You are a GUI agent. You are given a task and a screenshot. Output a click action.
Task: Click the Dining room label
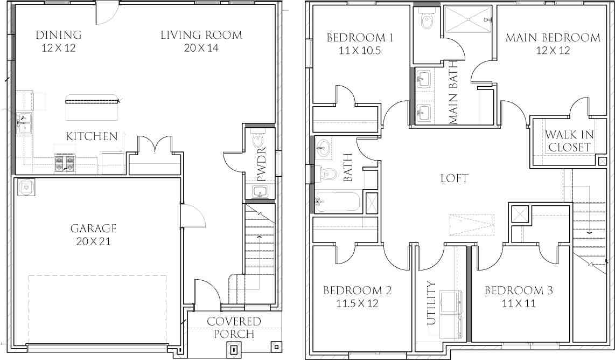pos(59,36)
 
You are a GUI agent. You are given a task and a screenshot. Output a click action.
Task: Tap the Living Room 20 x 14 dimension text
pos(201,48)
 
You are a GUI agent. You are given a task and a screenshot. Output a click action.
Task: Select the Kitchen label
pos(92,136)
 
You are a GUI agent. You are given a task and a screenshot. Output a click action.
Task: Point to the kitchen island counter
pos(92,108)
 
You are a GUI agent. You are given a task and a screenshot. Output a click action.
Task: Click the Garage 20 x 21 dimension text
pos(93,241)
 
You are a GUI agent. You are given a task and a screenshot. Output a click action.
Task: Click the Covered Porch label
pos(234,328)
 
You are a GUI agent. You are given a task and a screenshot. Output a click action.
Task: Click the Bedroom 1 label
pos(360,38)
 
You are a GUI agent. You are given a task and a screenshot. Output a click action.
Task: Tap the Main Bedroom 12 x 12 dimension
pos(553,51)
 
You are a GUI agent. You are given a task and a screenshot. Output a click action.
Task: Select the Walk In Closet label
pos(568,141)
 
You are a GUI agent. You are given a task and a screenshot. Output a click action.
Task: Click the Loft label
pos(453,178)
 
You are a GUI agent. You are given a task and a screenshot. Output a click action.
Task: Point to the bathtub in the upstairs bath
pos(338,202)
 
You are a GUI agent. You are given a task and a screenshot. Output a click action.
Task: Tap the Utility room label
pos(431,303)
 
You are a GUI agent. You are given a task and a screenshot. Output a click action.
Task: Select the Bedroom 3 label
pos(519,291)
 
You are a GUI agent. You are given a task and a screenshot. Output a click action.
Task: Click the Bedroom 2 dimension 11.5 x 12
pos(357,303)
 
